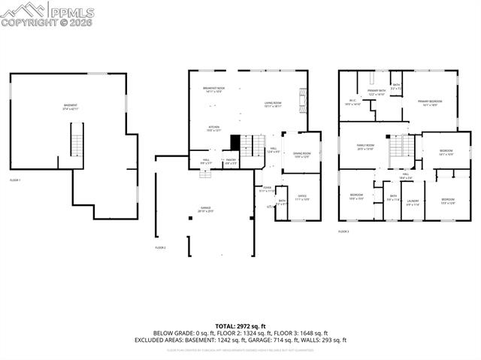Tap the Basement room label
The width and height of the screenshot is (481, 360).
pos(71,107)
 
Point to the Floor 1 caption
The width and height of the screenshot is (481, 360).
pos(15,180)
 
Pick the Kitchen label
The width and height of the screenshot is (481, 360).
pos(214,129)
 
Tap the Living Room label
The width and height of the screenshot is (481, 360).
pos(273,105)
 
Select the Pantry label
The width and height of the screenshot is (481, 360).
pos(231,160)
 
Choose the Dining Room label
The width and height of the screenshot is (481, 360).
pos(301,155)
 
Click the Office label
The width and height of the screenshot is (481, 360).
pos(301,198)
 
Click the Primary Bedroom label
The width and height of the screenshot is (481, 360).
pos(430,103)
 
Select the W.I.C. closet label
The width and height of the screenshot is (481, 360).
pos(352,103)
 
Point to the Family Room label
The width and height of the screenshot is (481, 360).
pos(365,147)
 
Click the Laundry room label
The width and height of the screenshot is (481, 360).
pos(413,202)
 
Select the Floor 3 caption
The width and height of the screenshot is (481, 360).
pos(343,231)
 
